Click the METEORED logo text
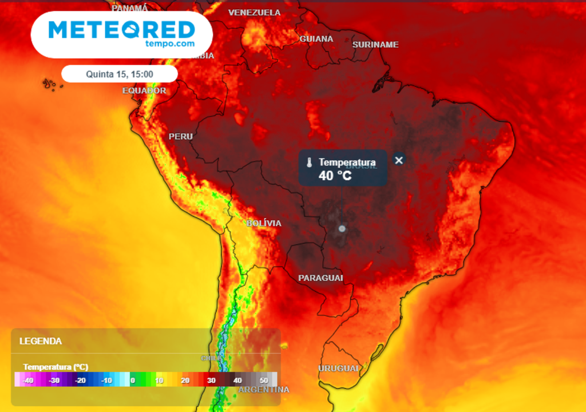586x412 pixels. (122, 29)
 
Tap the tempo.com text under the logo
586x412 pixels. (170, 43)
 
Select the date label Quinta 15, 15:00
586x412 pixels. (120, 74)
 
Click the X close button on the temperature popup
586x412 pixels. (399, 160)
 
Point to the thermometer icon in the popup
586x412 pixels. (309, 163)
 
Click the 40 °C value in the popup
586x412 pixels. (335, 176)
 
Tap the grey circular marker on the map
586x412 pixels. (342, 228)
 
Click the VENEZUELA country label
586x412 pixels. (255, 13)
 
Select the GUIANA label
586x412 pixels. (316, 39)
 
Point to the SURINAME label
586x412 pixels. (375, 45)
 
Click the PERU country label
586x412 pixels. (181, 137)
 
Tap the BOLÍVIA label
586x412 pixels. (264, 223)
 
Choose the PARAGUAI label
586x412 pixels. (320, 278)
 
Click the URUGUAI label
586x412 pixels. (338, 368)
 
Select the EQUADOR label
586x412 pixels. (144, 90)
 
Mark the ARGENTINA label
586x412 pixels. (264, 390)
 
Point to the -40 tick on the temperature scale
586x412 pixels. (27, 380)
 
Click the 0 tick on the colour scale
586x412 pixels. (132, 380)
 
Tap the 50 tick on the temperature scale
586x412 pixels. (264, 380)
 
